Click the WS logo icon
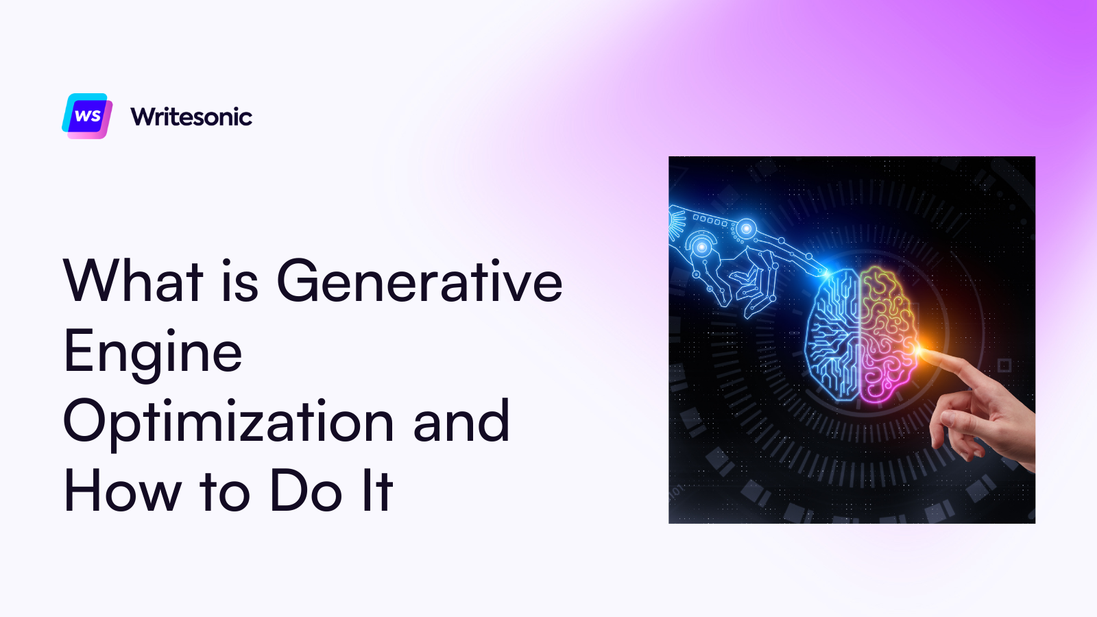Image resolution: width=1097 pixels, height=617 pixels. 87,116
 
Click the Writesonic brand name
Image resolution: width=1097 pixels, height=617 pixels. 191,117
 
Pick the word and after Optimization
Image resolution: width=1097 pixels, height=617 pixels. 461,420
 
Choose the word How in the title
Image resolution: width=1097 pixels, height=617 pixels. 123,490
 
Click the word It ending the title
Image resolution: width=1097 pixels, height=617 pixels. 378,490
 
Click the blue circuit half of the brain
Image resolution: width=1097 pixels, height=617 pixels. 832,335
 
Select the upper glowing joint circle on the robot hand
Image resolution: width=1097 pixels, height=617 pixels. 747,228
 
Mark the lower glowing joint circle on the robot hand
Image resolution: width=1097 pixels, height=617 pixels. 702,247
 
